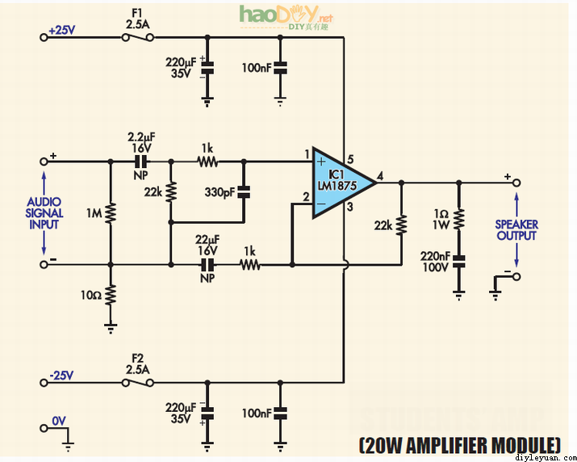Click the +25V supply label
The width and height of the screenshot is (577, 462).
61,30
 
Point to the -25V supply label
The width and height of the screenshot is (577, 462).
61,374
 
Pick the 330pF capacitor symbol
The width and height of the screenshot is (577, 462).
244,192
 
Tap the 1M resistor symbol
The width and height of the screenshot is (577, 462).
110,212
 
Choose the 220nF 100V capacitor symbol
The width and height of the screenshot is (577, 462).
458,260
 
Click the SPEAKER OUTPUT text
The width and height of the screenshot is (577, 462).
516,229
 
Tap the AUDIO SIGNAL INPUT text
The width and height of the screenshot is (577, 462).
44,213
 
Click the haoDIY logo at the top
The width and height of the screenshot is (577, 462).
286,16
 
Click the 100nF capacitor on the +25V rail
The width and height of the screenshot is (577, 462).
280,68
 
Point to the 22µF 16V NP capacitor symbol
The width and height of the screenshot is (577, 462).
208,264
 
